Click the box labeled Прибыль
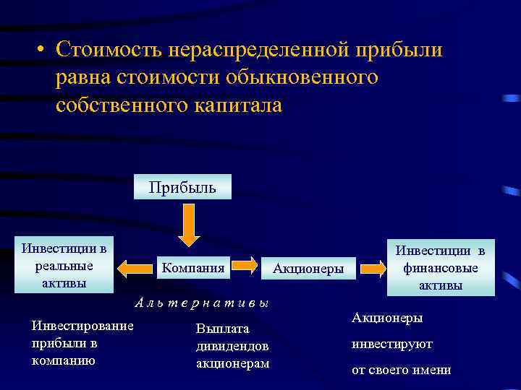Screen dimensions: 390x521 182,187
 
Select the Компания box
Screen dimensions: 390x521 193,268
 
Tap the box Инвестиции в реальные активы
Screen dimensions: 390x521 64,265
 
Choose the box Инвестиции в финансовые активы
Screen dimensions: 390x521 441,268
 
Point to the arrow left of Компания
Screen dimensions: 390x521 135,268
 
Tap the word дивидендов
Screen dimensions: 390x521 232,346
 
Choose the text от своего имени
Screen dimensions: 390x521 401,370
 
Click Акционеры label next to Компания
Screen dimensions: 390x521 308,269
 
